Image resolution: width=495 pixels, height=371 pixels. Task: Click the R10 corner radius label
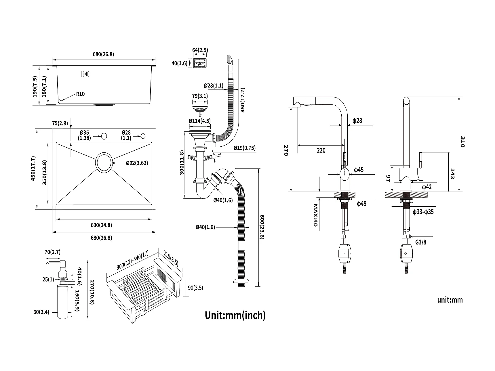80,94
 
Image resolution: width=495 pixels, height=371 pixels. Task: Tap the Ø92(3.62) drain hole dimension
137,163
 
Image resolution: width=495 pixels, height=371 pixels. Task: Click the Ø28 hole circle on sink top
143,136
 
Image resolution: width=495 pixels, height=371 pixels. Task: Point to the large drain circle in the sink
104,162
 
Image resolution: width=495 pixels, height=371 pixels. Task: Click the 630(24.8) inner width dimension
101,225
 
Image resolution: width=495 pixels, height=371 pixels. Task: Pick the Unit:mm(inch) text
235,315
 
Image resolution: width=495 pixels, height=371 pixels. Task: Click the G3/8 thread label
421,242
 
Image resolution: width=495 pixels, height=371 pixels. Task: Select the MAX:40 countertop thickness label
315,215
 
